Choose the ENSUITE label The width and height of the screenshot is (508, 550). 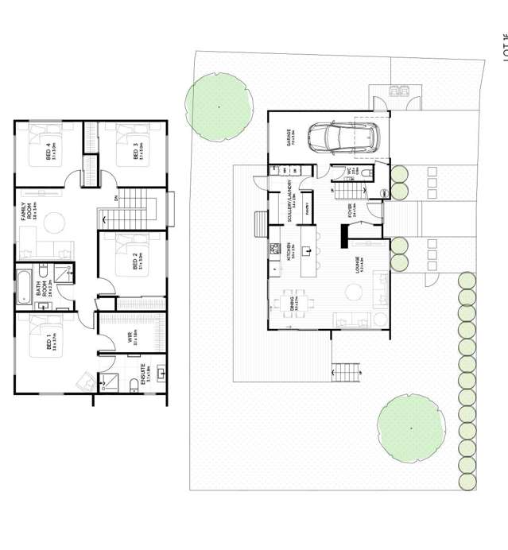[x=144, y=374]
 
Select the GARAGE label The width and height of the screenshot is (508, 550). [x=291, y=137]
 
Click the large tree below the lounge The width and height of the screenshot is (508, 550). [x=411, y=428]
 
